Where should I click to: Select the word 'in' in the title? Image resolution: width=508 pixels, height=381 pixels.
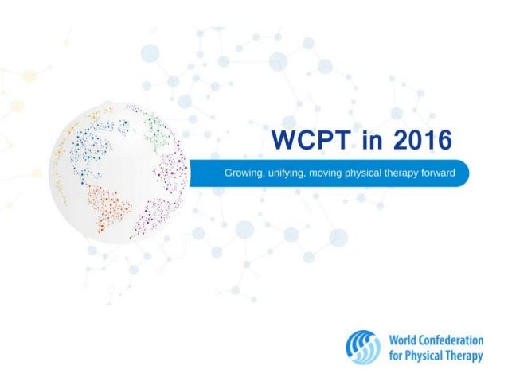[x=367, y=144]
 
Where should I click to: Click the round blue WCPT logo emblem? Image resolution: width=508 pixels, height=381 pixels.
[x=364, y=347]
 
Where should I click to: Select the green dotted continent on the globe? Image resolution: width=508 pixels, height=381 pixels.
[x=157, y=128]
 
